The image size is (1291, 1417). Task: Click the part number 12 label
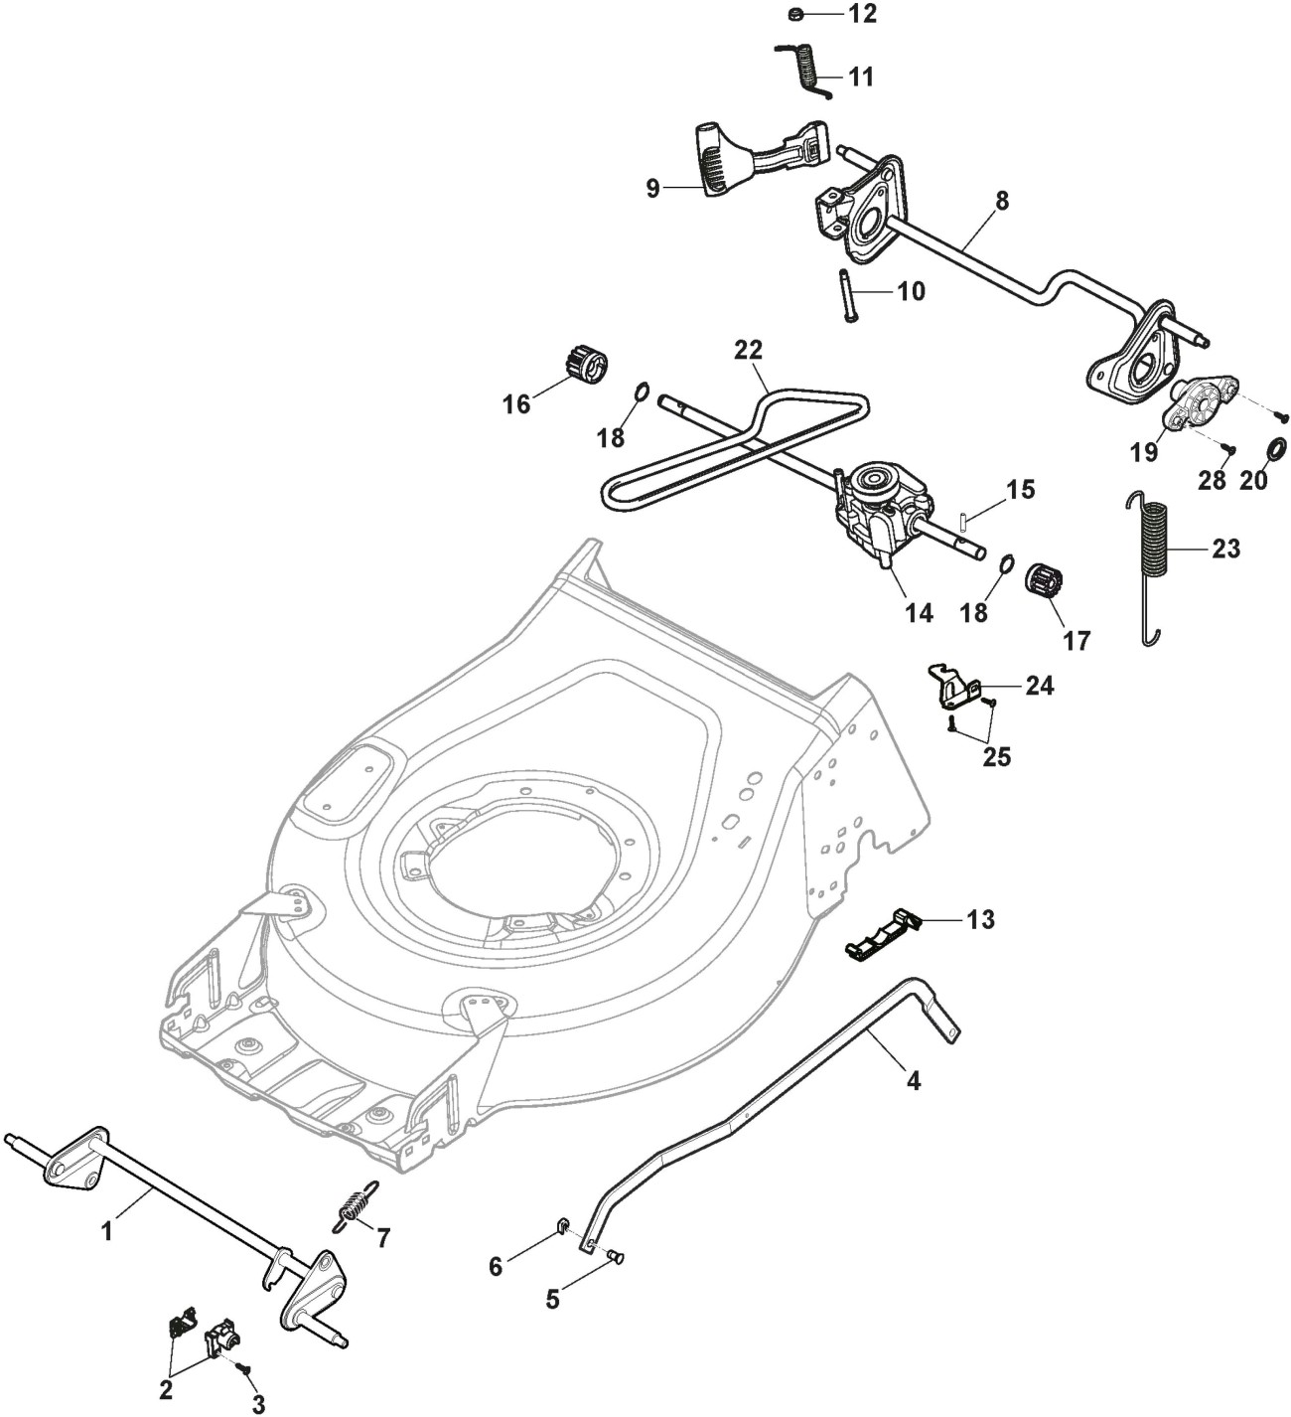861,14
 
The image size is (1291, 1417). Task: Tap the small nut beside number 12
794,14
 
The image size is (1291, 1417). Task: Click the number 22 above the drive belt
749,351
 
